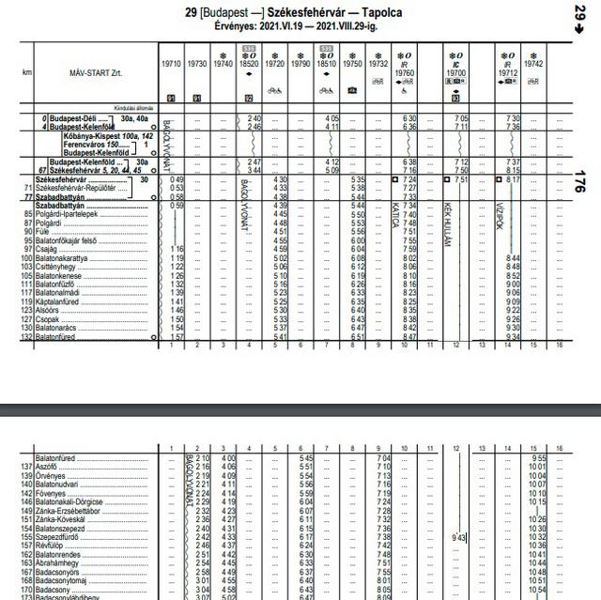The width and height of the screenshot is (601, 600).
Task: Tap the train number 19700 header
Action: (456, 71)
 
